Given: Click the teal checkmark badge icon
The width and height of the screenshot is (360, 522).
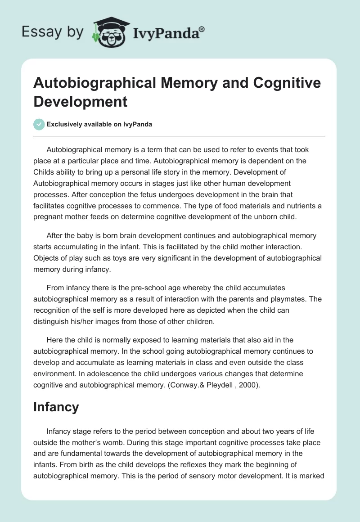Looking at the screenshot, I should pyautogui.click(x=40, y=124).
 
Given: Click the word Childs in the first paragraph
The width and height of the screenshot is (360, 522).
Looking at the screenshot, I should pyautogui.click(x=44, y=173).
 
